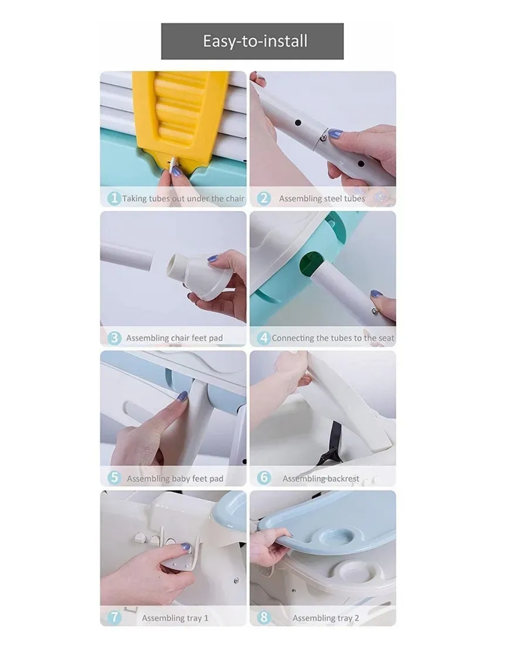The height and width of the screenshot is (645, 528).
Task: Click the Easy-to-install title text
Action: [x=255, y=41]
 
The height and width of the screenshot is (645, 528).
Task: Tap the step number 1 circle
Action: [x=114, y=198]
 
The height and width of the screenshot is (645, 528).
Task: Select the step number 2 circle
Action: [x=264, y=198]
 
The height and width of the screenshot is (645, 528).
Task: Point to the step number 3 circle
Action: [x=114, y=338]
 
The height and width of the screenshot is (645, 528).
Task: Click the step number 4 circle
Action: [x=264, y=338]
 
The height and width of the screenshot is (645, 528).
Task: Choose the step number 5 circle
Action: [x=114, y=478]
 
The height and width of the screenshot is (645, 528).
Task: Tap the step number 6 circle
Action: [x=264, y=478]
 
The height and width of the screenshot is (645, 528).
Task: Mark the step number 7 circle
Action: [x=114, y=617]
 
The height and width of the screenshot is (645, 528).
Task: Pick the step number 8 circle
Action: [x=264, y=617]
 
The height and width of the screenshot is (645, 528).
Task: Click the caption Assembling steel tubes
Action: [x=322, y=199]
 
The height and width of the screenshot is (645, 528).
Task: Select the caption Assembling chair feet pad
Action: [x=175, y=338]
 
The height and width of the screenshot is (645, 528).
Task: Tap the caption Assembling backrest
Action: [x=321, y=478]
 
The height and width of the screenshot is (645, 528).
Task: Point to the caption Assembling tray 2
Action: [x=326, y=618]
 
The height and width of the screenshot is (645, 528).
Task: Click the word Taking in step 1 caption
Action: [x=134, y=199]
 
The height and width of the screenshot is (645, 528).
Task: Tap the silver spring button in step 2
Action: [x=323, y=138]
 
